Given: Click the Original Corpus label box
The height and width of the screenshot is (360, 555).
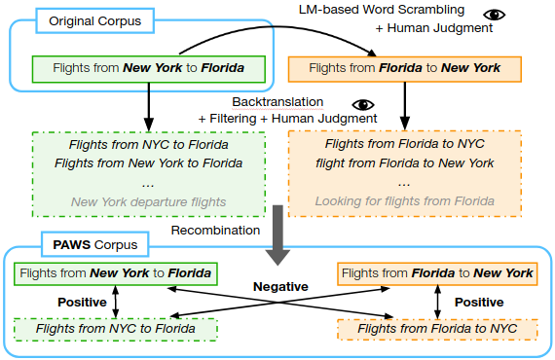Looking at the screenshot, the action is (94, 20).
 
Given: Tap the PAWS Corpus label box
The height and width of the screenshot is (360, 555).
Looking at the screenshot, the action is (94, 244).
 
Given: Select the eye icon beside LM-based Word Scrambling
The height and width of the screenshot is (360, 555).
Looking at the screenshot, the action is (494, 15).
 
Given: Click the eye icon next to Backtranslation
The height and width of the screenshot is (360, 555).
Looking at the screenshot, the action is (363, 105).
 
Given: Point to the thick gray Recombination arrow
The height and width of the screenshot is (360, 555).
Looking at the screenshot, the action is (277, 234).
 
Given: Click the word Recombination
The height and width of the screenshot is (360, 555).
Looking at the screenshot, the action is (215, 231).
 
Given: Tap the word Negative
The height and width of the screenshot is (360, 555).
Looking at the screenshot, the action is (280, 286).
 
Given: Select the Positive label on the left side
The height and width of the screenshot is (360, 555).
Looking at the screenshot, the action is (82, 302).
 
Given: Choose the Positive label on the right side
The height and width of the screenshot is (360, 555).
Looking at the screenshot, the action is (479, 302).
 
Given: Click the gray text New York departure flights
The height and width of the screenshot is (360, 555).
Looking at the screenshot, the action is (148, 202).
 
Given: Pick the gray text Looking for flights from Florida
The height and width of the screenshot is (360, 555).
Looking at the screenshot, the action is (405, 200).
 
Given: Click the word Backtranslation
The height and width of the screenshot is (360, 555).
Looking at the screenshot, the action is (277, 102).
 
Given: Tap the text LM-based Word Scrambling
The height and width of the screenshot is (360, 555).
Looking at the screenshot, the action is (382, 10).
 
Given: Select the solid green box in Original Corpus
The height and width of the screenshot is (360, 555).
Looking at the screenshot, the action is (149, 69).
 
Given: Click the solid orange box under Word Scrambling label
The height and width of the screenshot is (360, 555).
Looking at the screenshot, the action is (405, 69).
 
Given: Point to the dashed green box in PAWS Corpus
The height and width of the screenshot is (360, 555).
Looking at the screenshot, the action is (116, 329).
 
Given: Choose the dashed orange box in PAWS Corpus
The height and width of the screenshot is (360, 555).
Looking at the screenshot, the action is (437, 329).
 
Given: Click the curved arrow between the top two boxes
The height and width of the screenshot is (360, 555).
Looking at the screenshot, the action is (277, 26).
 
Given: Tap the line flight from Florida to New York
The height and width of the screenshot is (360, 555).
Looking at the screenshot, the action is (405, 163).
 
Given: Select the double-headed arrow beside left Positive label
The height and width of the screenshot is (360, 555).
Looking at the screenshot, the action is (116, 302).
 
